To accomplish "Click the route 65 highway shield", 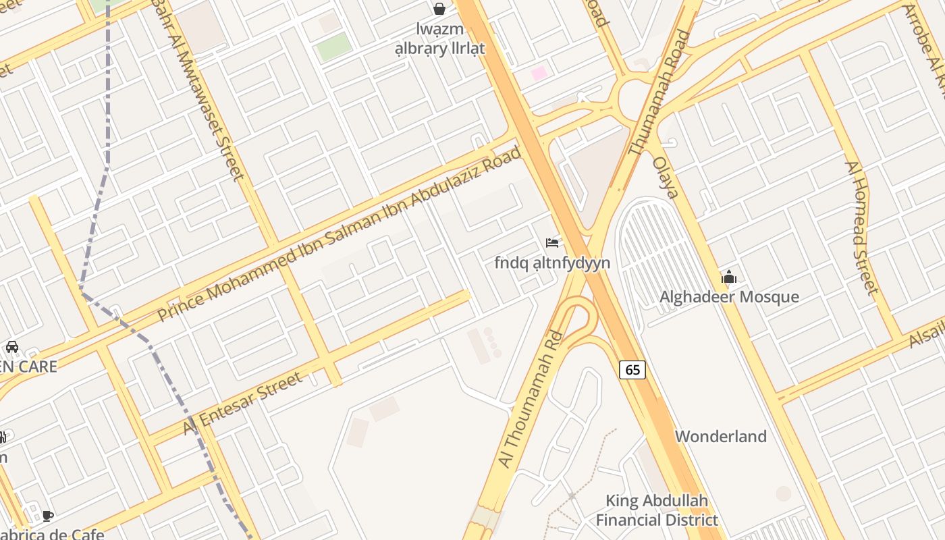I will point(632,369).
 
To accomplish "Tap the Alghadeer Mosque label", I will point(729,297).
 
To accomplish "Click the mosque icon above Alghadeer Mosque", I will point(729,277).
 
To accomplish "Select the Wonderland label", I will point(721,436).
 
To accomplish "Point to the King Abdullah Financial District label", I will point(657,510).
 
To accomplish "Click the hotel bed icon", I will point(552,243).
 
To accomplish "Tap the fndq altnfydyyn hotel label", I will point(552,263).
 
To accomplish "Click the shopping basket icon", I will point(439,9).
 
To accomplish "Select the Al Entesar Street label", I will point(243,404).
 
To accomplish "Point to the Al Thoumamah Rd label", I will point(531,398).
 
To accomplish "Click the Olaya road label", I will point(665,178).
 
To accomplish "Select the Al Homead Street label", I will point(861,227).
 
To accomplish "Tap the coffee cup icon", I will point(47,516).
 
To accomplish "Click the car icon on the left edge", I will point(11,347).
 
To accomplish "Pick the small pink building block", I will point(539,73).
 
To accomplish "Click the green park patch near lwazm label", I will point(334,47).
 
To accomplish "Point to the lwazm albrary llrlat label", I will point(439,38).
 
